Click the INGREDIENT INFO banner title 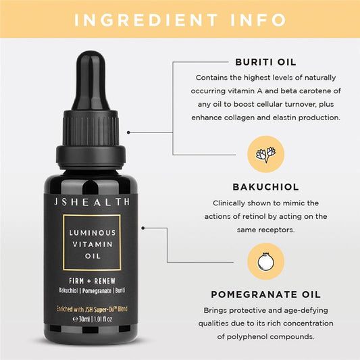(x=180, y=19)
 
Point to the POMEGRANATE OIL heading (x=265, y=294)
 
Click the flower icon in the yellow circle (x=265, y=154)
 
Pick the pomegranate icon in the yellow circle (x=265, y=262)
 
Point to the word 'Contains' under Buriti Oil (x=211, y=77)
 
